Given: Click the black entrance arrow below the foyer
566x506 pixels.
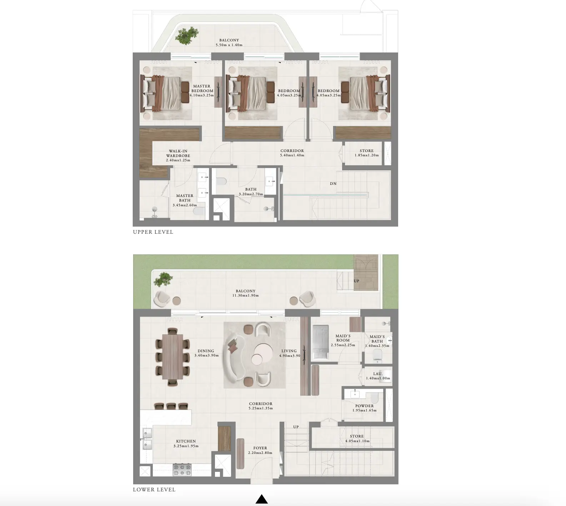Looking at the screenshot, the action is point(262,499).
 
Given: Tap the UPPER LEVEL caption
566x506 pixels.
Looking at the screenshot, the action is point(153,232).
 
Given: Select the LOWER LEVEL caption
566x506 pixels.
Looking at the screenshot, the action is point(154,490).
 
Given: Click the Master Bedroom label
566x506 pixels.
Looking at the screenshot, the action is point(202,91).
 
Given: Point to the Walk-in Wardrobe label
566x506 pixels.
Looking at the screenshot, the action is point(178,156).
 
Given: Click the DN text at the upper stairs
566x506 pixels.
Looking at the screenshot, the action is point(333,184).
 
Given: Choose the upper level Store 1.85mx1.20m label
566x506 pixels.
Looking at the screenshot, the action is point(367,153).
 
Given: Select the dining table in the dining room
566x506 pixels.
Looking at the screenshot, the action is point(172,356).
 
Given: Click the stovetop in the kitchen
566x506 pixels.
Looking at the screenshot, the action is point(182,470).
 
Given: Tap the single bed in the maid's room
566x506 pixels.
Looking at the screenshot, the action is point(320,342).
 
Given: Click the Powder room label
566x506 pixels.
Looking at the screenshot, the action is point(365,408).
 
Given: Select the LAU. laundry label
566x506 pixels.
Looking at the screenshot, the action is point(378,376).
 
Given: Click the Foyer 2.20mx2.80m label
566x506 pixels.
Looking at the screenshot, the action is point(260,450).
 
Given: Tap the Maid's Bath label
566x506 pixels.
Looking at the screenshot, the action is point(377,341).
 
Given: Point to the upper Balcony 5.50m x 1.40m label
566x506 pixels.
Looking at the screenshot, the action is point(229,43).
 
